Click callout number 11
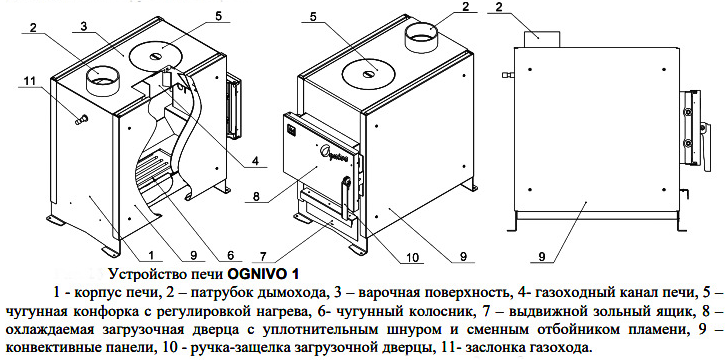coord(29,80)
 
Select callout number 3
coord(83,27)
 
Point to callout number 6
coord(231,255)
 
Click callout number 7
coord(263,255)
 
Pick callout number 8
coord(257,195)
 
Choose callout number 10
coord(412,256)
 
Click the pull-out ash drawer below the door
coord(327,216)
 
